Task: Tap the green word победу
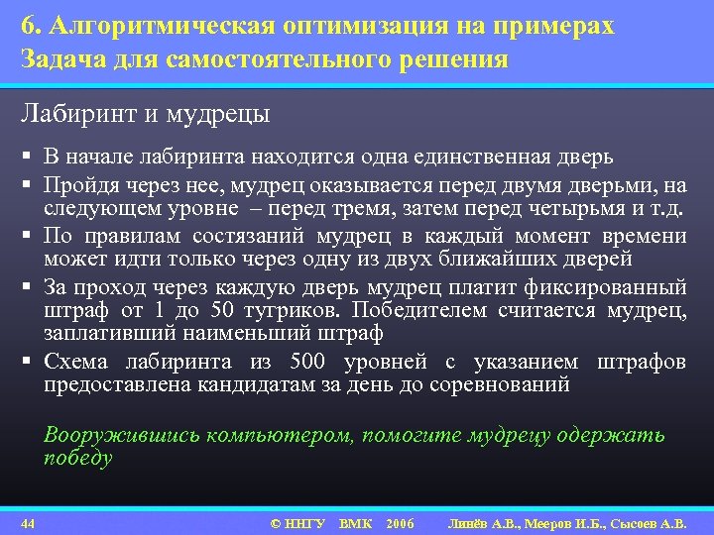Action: tap(78, 459)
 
